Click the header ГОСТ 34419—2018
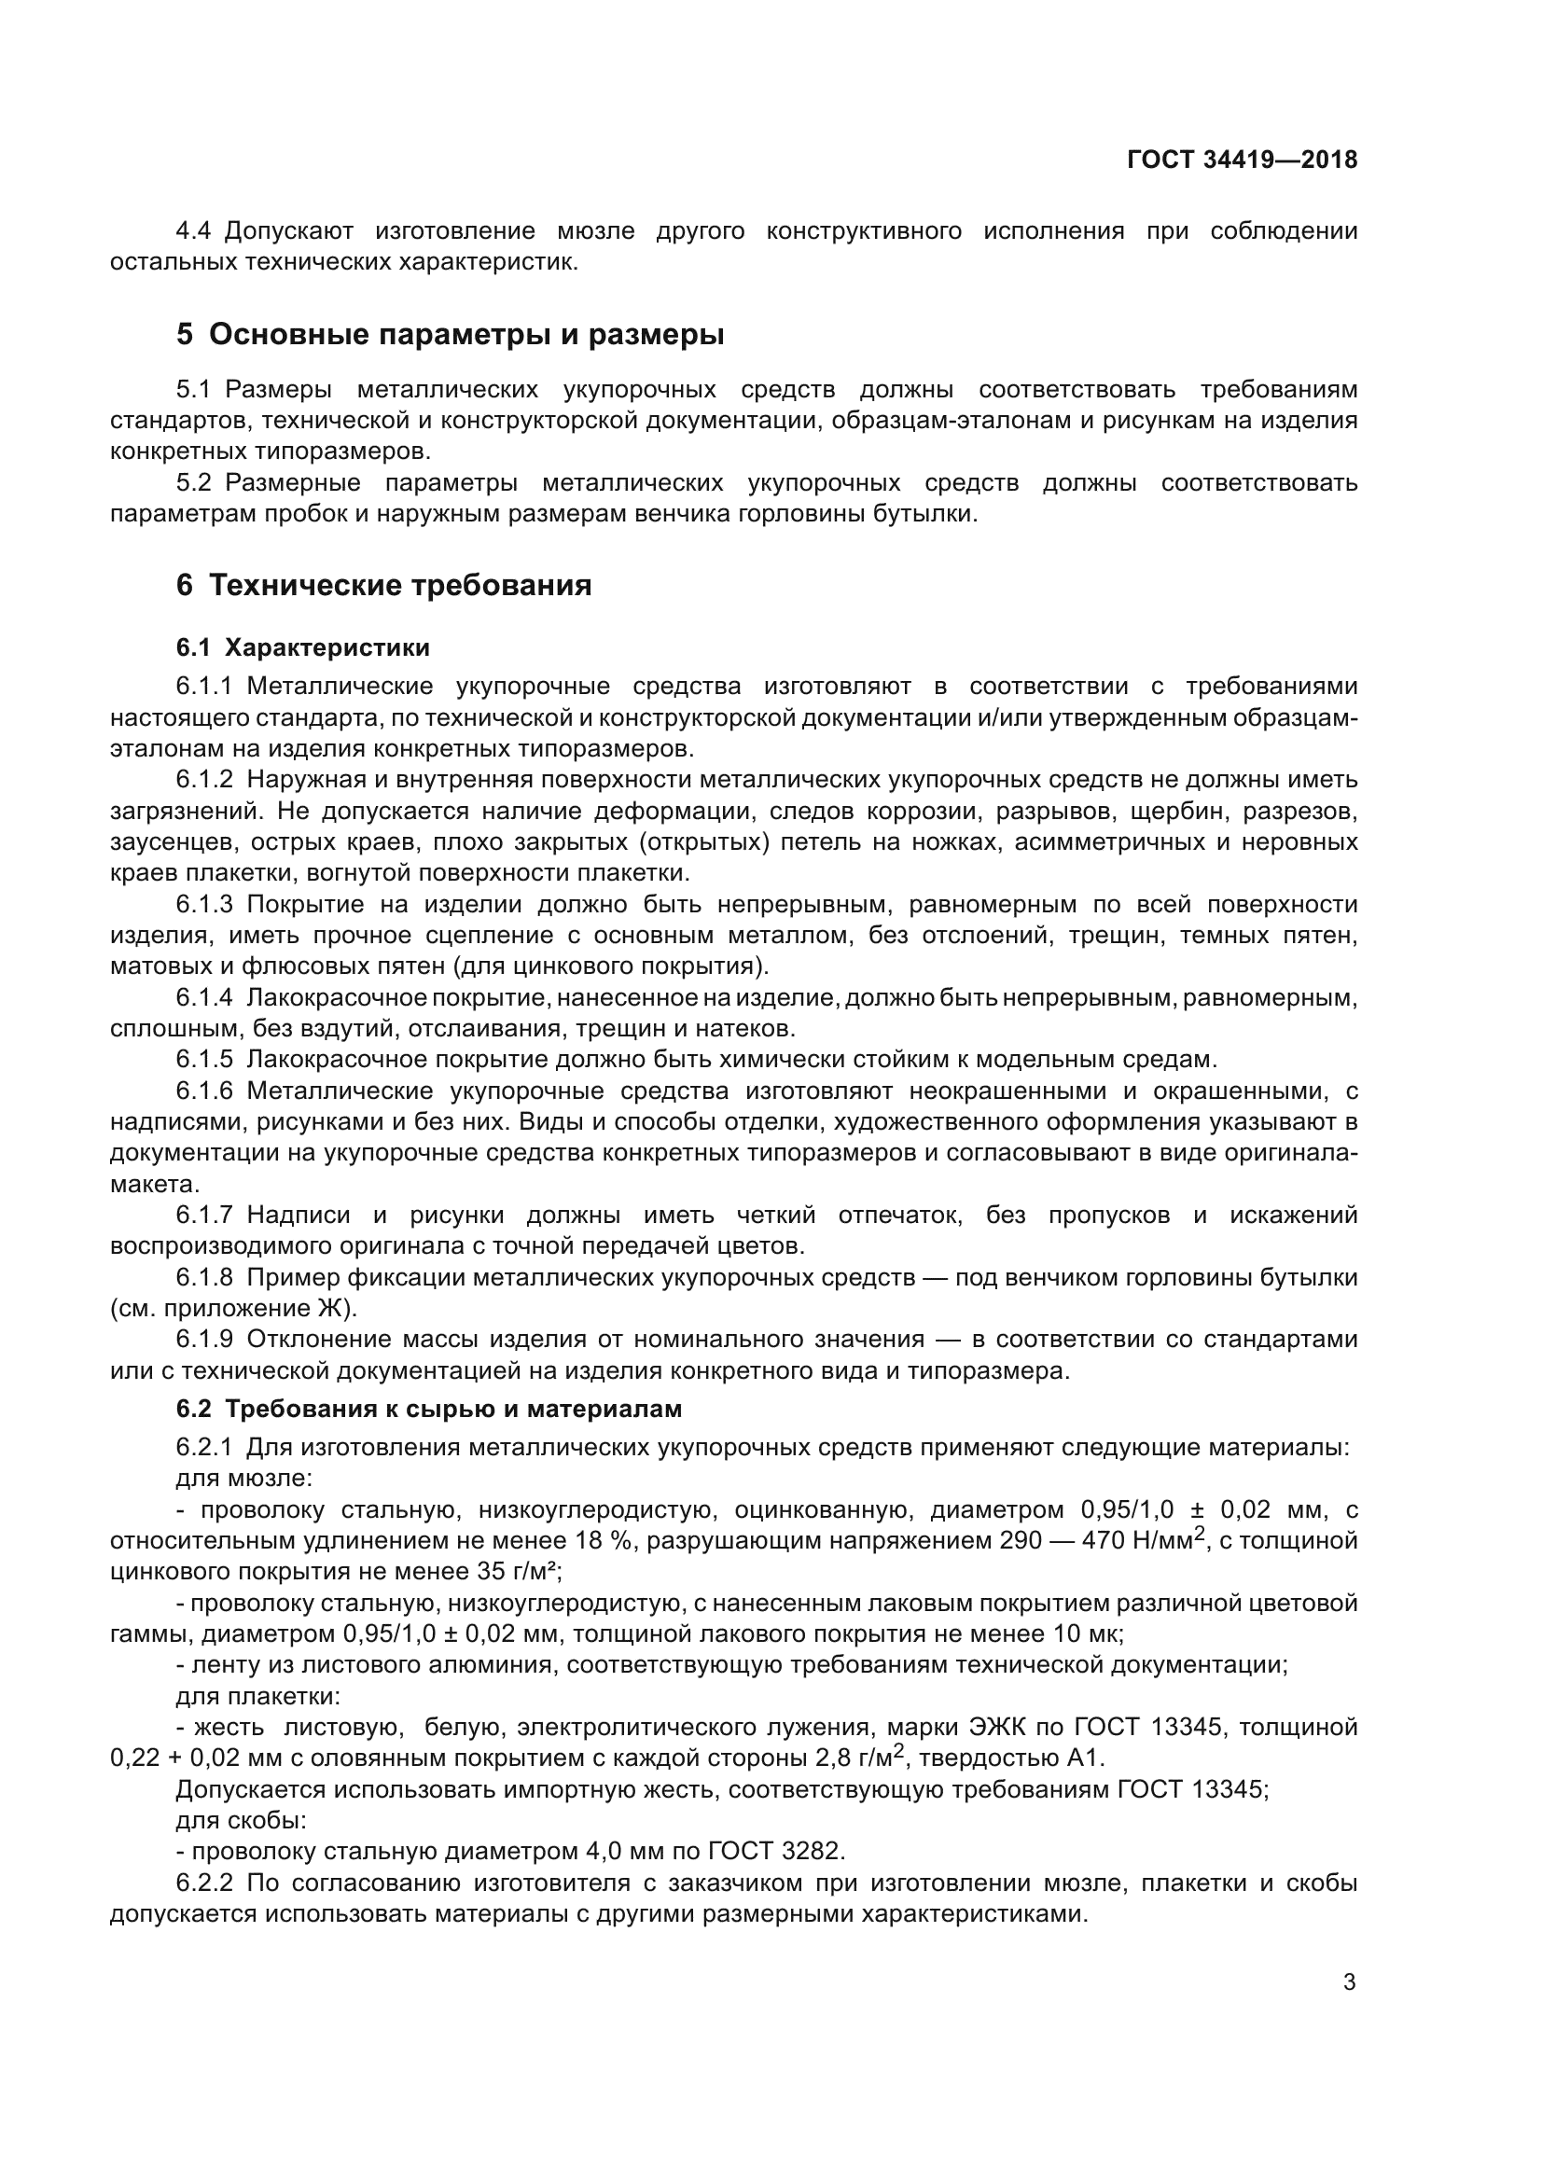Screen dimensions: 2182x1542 click(1242, 160)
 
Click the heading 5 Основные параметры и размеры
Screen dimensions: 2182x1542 click(450, 335)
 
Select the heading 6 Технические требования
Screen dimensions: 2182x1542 click(382, 586)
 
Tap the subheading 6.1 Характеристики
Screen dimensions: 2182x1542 click(302, 648)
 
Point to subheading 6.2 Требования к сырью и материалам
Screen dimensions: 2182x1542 click(428, 1409)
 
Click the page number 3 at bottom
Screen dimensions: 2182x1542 click(1349, 1982)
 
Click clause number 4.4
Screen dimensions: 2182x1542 click(195, 231)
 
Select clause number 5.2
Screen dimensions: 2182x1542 click(194, 483)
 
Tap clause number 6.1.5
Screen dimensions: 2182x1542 click(204, 1059)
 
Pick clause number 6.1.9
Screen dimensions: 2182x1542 click(204, 1339)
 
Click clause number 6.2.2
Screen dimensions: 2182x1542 click(204, 1883)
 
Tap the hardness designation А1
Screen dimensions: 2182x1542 click(1085, 1758)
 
